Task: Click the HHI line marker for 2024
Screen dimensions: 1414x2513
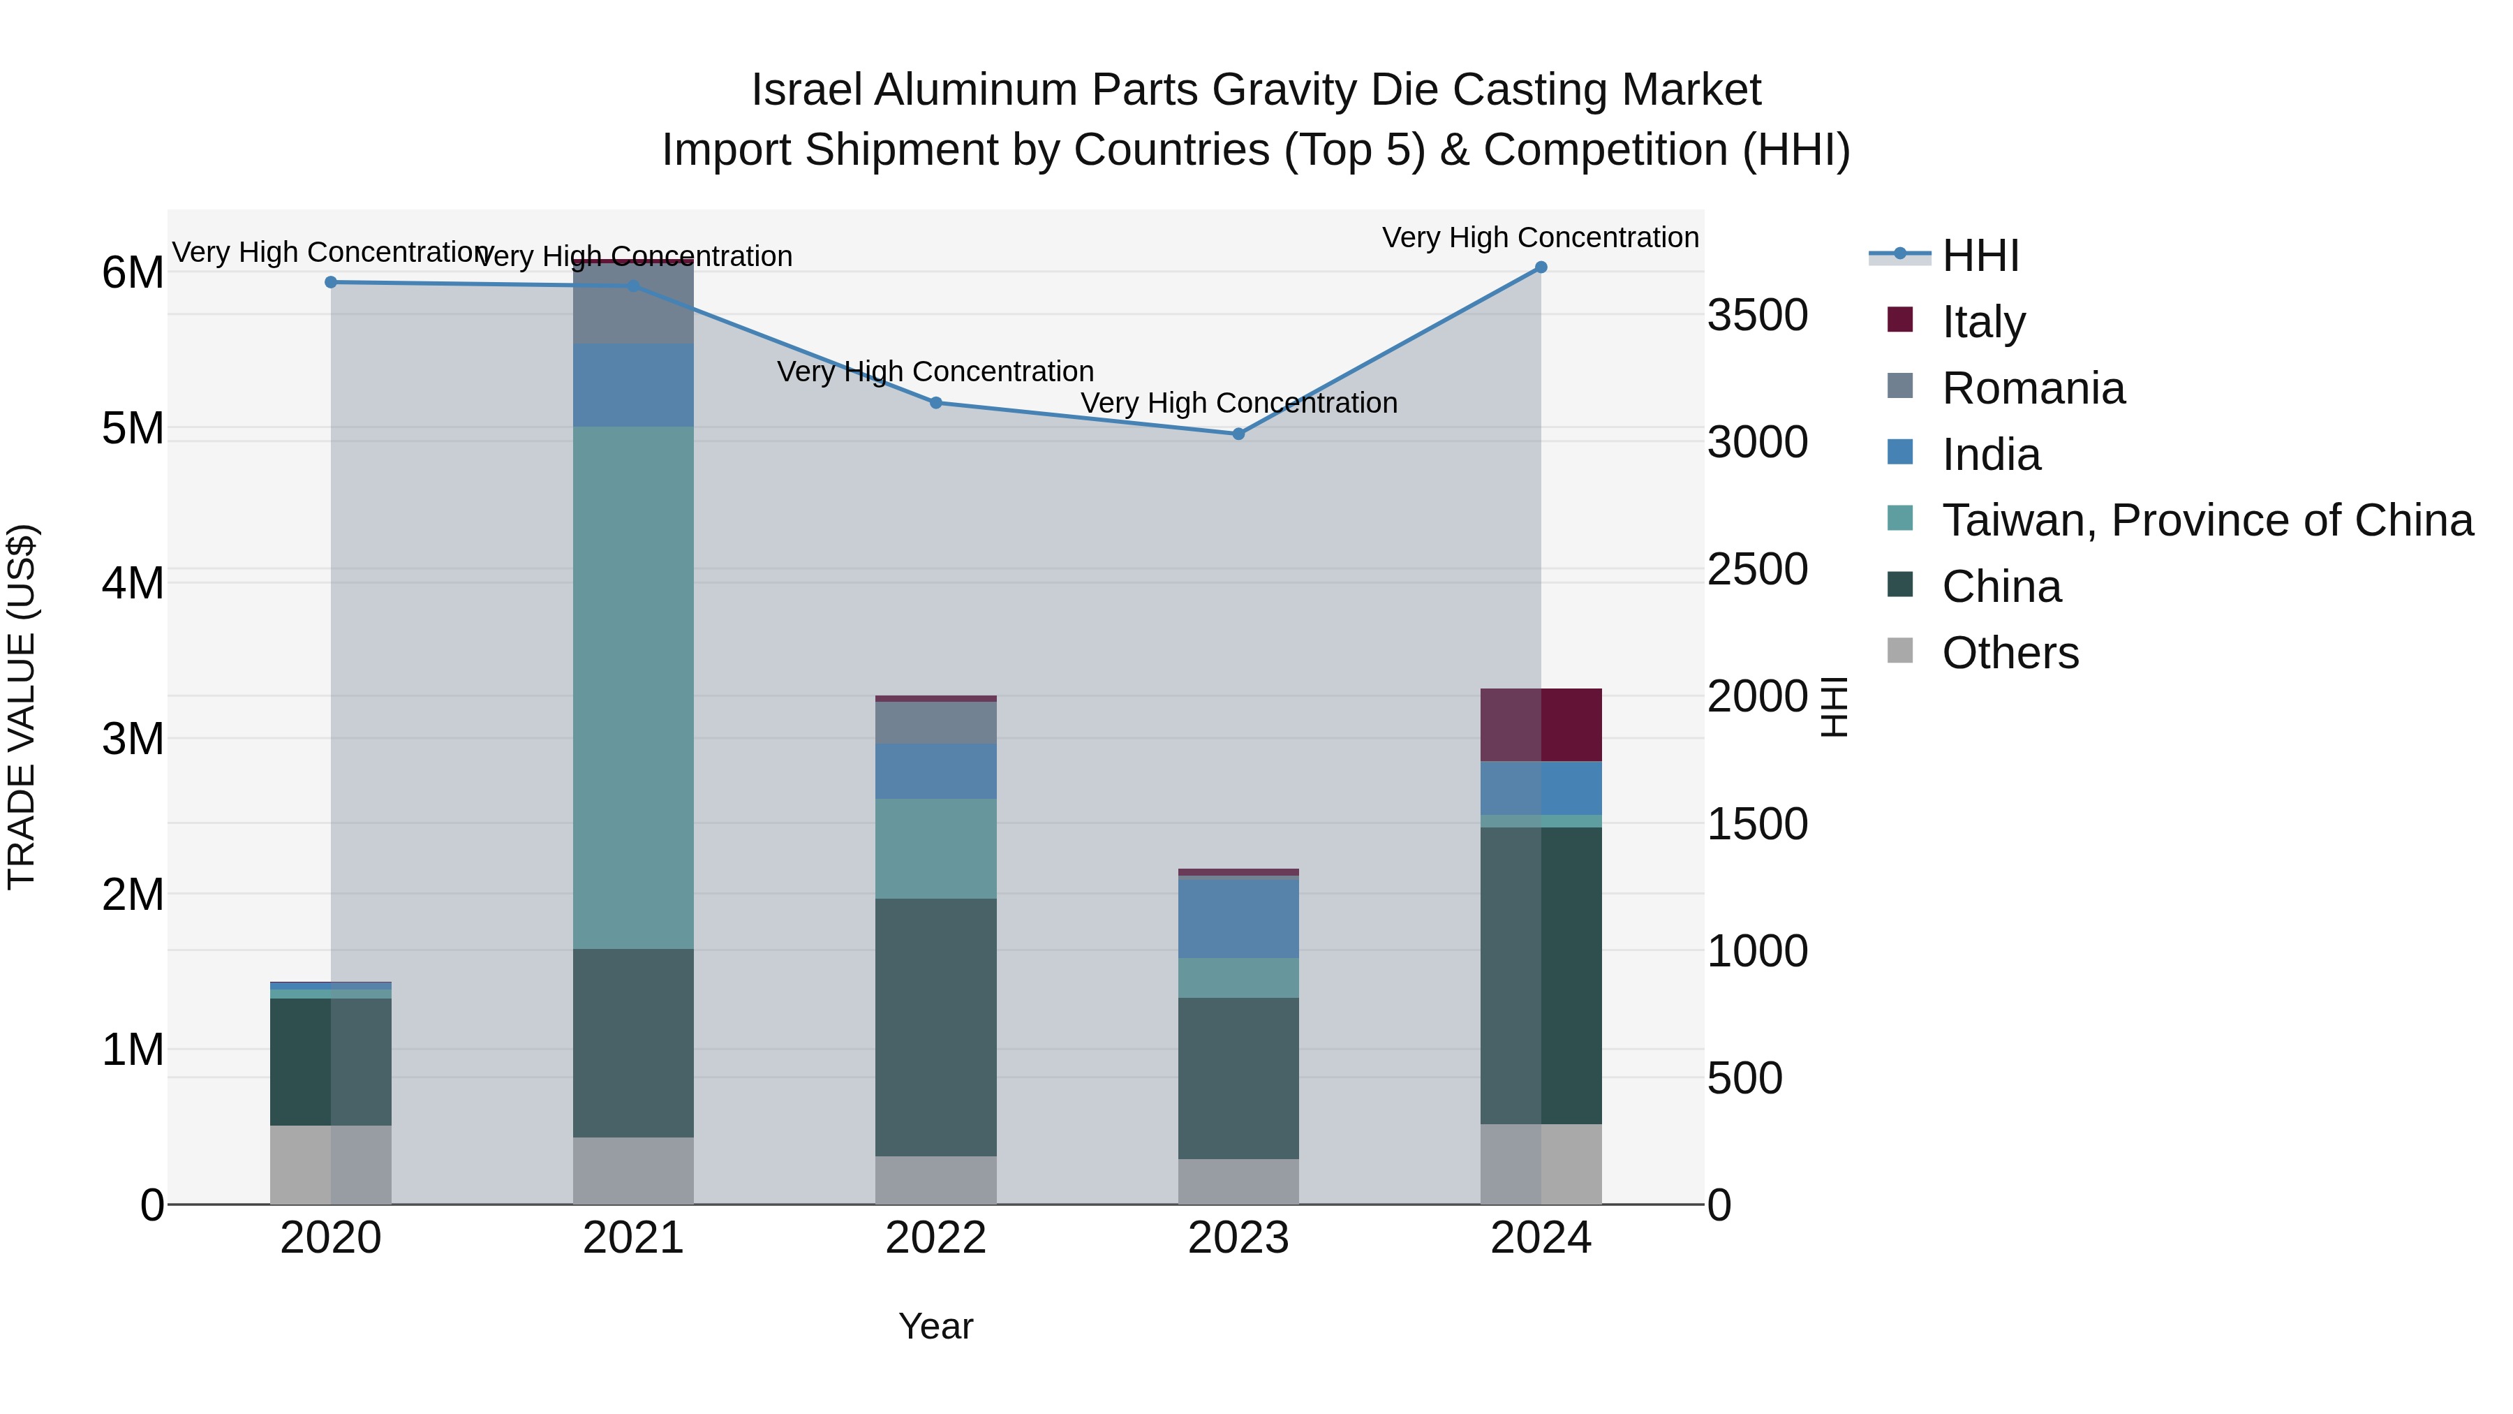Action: [1541, 267]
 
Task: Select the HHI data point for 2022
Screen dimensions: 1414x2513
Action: [935, 402]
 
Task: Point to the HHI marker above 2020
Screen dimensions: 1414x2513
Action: [331, 282]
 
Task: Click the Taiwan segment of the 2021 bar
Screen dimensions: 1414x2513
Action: [633, 687]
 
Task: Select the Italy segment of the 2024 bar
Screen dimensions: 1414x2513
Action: [1541, 725]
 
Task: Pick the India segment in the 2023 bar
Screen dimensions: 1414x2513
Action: [1238, 918]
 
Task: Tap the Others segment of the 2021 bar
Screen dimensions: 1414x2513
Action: [633, 1170]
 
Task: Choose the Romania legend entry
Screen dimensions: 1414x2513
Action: [2032, 388]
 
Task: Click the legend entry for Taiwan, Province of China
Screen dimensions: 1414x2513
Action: [2207, 520]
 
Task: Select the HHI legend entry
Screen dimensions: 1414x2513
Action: [1980, 256]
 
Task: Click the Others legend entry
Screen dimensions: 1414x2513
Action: [2010, 653]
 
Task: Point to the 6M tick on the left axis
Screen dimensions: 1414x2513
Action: [133, 272]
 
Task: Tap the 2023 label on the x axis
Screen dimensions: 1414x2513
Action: [1238, 1238]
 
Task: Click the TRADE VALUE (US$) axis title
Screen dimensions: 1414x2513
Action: [22, 707]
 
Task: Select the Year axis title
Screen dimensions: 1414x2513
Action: [935, 1326]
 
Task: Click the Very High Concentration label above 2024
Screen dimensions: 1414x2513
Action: [1541, 237]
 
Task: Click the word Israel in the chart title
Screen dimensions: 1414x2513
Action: [807, 90]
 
